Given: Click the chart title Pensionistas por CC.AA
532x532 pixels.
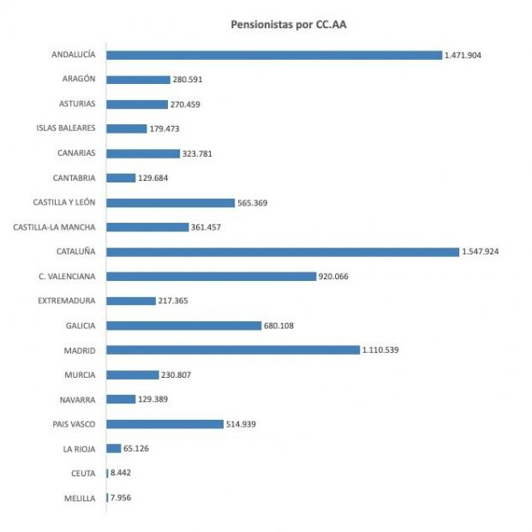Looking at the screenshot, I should click(x=289, y=25).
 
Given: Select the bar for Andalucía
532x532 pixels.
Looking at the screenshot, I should click(x=274, y=55).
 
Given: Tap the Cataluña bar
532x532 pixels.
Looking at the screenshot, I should click(x=283, y=252).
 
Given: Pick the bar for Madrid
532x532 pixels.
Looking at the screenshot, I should click(x=233, y=350).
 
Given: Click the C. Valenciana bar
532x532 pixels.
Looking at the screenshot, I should click(x=212, y=276).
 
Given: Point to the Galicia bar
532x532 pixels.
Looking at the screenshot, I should click(x=183, y=326).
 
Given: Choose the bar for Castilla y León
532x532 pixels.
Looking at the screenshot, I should click(x=170, y=203).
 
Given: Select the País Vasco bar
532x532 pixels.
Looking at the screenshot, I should click(x=165, y=423).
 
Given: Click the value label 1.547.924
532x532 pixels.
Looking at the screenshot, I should click(x=485, y=252).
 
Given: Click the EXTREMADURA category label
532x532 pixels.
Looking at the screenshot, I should click(x=67, y=301).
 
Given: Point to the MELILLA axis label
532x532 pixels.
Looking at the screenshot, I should click(x=80, y=498).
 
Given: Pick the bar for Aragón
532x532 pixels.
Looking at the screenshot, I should click(x=139, y=80).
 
